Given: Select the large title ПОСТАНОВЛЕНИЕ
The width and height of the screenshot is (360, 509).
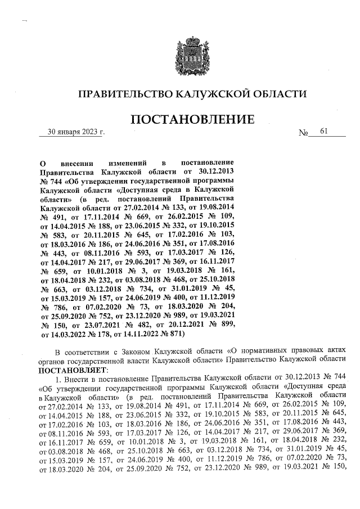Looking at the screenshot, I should pyautogui.click(x=191, y=120).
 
